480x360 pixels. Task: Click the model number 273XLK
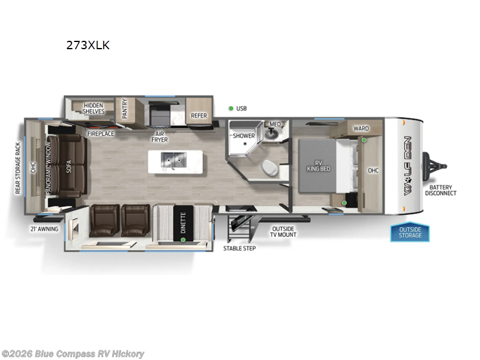coord(88,45)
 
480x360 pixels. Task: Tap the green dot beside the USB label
coord(230,109)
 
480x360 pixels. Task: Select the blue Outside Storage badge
coord(410,232)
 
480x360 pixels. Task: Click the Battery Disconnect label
coord(440,190)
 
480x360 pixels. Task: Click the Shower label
coord(244,136)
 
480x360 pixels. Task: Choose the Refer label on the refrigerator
coord(199,116)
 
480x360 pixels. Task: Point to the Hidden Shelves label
coord(94,108)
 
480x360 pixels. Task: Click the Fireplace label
coord(100,134)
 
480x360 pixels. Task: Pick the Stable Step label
coord(239,248)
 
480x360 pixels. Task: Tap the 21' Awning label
coord(44,229)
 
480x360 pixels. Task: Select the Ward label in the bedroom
coord(361,128)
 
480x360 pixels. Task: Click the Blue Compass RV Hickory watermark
coord(73,354)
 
